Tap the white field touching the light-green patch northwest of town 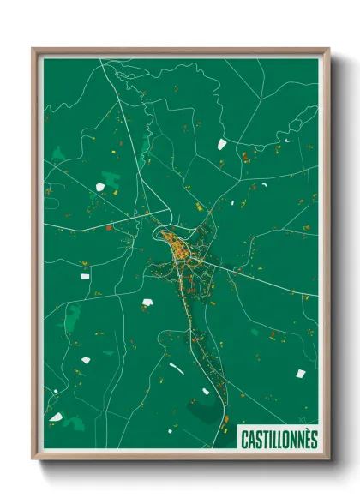pyautogui.click(x=110, y=180)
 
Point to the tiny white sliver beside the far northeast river pyautogui.click(x=287, y=140)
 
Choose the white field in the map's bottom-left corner pyautogui.click(x=56, y=417)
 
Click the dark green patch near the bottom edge pyautogui.click(x=204, y=414)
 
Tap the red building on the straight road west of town pyautogui.click(x=108, y=227)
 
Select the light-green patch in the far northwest pyautogui.click(x=58, y=154)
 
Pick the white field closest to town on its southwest pyautogui.click(x=147, y=302)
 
